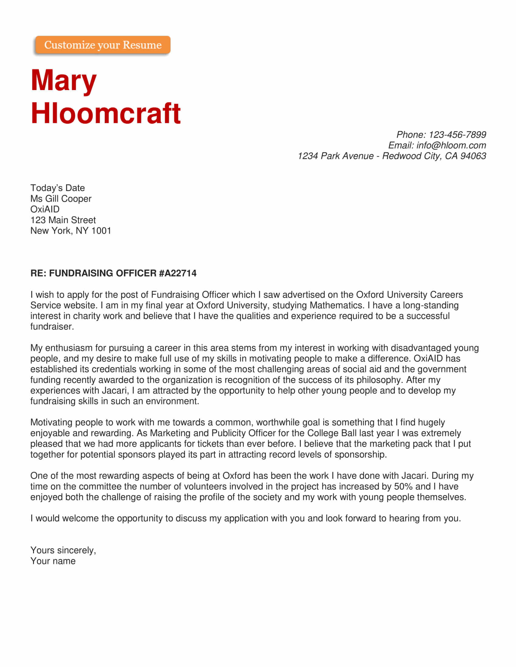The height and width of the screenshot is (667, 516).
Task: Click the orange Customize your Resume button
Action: coord(103,45)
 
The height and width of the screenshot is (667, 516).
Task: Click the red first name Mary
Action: coord(63,80)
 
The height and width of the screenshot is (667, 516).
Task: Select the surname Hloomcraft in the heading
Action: coord(106,113)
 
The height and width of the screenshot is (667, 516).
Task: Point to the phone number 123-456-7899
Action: coord(457,135)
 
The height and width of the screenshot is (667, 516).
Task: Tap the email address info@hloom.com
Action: coord(451,145)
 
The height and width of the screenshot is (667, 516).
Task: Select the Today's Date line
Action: coord(57,188)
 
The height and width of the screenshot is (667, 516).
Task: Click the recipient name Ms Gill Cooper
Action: coord(61,199)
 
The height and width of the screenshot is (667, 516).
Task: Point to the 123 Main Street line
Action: coord(63,220)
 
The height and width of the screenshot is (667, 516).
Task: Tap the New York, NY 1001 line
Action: coord(71,231)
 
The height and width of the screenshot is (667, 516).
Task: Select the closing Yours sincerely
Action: coord(63,550)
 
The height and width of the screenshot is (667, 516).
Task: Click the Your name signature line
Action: coord(53,561)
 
